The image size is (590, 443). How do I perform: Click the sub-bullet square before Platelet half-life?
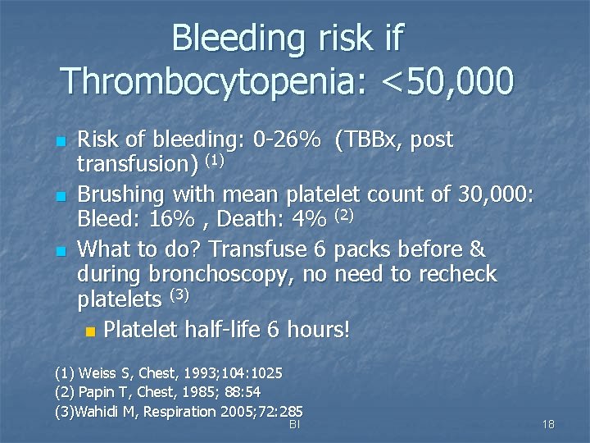89,331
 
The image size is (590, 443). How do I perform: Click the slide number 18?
548,424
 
